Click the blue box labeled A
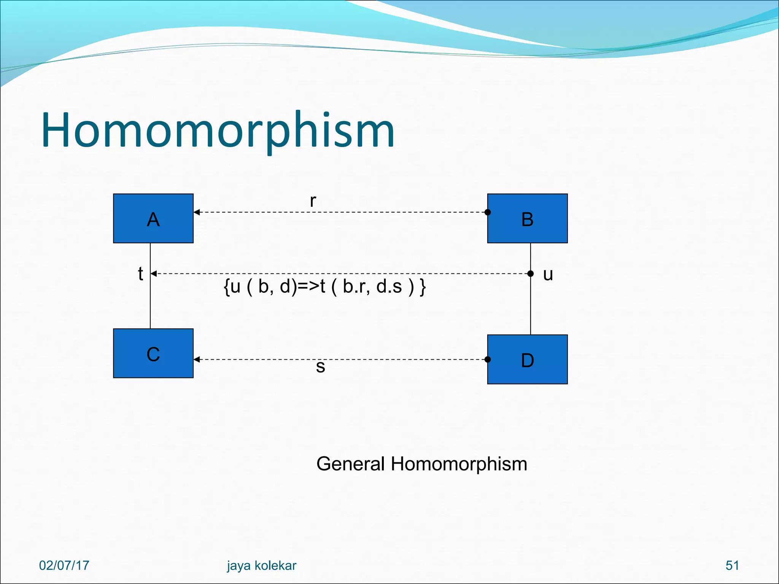153,218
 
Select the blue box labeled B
527,218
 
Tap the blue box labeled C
153,353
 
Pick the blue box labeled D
527,359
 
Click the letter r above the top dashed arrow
313,201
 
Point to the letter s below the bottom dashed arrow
320,367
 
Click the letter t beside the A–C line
140,273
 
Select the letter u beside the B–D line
548,274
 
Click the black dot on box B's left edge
488,212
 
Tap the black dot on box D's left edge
488,359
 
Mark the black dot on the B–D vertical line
531,273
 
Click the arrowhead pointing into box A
197,212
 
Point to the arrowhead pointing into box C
197,359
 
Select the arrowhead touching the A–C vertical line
154,273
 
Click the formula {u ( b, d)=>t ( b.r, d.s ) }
324,286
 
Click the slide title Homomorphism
218,130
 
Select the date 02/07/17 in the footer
64,565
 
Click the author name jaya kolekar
261,565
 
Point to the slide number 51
732,565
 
